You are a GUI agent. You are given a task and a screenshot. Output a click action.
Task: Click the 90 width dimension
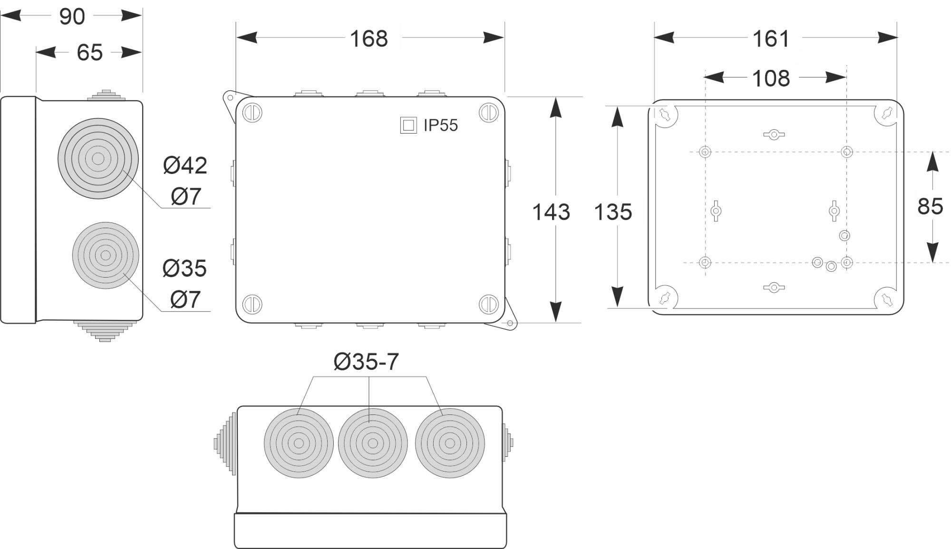coord(72,17)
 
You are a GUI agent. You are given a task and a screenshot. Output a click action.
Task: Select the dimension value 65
coord(89,52)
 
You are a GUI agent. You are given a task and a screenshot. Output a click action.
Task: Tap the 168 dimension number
coord(369,39)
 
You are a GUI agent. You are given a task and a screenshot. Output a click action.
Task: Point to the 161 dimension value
coord(771,39)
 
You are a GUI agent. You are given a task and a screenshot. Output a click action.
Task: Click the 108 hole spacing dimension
coord(771,78)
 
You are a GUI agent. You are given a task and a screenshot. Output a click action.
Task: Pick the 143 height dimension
coord(551,212)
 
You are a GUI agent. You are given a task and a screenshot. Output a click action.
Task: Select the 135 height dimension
coord(613,212)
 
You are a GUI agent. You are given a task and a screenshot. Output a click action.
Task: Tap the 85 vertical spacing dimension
coord(930,206)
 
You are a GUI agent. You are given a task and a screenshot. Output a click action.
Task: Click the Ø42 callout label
coord(185,165)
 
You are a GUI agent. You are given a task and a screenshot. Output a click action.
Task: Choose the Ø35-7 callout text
coord(366,362)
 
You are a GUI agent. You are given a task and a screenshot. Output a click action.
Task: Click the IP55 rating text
coord(440,125)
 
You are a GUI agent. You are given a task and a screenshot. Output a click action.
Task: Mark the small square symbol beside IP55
coord(408,125)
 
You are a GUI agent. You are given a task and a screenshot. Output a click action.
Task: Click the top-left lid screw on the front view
coord(252,113)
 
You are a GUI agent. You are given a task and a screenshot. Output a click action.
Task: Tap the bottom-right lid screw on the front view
coord(488,304)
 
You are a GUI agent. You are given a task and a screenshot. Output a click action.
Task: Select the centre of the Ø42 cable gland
coord(98,159)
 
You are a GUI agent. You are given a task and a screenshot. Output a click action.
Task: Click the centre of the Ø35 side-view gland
coord(106,255)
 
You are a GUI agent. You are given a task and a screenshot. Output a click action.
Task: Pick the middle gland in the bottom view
coord(373,443)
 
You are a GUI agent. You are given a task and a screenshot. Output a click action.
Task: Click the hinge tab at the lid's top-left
coord(231,99)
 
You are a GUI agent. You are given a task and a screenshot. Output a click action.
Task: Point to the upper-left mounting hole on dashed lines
coord(705,152)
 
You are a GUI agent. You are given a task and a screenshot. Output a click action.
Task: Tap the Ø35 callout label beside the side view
coord(184,269)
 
